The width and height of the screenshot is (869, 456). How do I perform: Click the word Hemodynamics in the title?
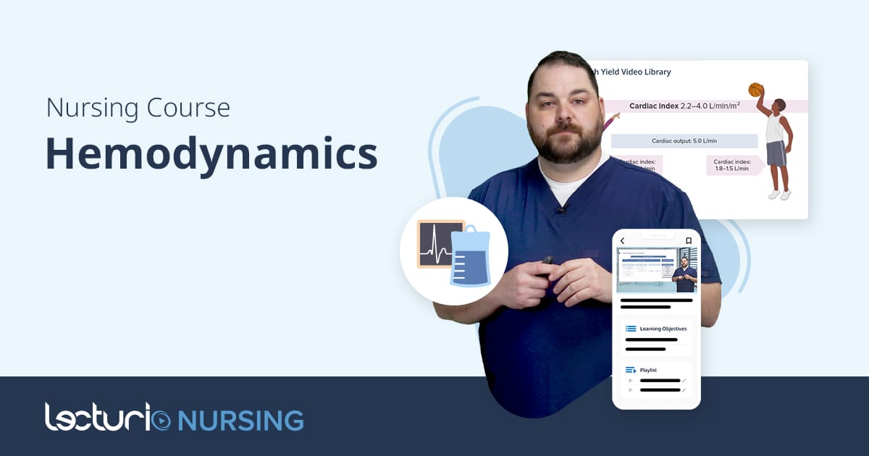tap(211, 153)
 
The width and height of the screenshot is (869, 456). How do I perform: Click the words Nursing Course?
tap(138, 108)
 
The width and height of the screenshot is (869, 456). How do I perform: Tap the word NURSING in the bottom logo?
tap(240, 420)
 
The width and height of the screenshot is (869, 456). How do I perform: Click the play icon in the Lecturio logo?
tap(162, 420)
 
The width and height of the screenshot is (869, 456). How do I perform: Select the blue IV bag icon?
tap(470, 258)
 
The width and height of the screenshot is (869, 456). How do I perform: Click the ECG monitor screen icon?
tap(439, 242)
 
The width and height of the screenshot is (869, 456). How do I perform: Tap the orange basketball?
tap(756, 90)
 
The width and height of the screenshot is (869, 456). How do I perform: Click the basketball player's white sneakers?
tap(779, 195)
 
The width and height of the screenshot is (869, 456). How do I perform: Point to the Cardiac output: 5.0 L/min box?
tap(684, 140)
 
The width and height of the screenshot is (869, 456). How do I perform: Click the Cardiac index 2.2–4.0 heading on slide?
tap(684, 106)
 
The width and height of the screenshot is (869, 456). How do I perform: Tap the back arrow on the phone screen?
tap(622, 241)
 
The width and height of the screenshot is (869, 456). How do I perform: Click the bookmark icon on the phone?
tap(689, 241)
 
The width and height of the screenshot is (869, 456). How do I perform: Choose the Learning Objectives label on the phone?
tap(663, 329)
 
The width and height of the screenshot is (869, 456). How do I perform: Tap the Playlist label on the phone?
tap(648, 370)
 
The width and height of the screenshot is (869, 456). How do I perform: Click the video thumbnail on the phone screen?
tap(656, 269)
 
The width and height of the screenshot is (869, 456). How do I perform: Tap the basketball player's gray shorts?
tap(775, 153)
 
